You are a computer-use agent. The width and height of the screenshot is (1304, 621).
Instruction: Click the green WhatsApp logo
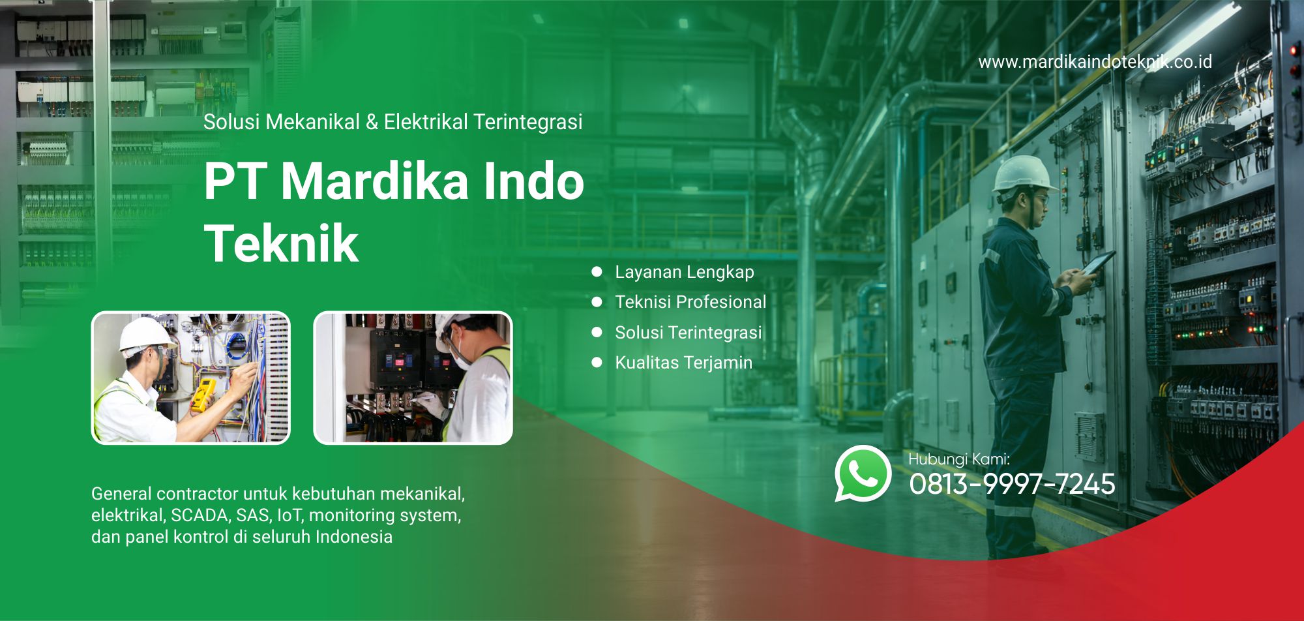click(863, 474)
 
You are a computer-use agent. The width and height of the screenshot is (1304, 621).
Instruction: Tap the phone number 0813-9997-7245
click(1012, 484)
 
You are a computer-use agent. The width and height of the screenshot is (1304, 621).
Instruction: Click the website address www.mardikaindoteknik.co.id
click(1095, 62)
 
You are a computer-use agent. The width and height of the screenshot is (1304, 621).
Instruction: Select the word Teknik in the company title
click(281, 244)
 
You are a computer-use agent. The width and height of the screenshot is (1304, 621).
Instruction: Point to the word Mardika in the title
click(375, 181)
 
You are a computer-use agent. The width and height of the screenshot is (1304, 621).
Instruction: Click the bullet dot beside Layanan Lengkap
click(597, 272)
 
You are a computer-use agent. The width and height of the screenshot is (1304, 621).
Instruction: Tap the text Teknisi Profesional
click(690, 302)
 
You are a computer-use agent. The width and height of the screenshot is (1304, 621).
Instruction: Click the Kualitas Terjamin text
click(684, 363)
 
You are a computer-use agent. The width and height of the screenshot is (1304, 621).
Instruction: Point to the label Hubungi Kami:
click(959, 459)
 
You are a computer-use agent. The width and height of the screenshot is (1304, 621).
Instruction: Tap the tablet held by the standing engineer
click(1099, 263)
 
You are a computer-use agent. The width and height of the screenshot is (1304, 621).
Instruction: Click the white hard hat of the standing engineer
click(1022, 174)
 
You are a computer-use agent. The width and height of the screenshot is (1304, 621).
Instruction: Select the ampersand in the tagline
click(372, 122)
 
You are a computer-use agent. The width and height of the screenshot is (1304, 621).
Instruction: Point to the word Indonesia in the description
click(354, 537)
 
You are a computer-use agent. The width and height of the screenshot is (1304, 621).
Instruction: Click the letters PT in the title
click(235, 181)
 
